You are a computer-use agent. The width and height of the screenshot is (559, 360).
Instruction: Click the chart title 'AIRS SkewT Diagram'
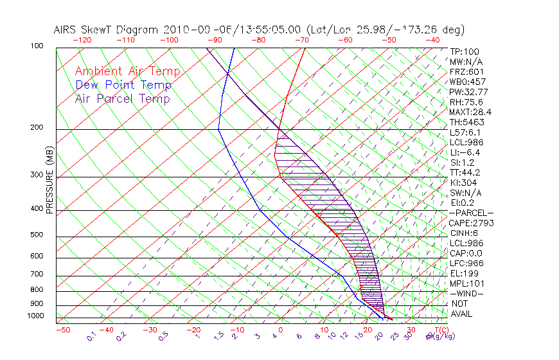(x=107, y=30)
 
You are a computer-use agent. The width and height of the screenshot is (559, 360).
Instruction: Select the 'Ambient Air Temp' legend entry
(x=128, y=71)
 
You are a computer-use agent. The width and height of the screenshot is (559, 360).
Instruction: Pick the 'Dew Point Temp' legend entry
(x=123, y=85)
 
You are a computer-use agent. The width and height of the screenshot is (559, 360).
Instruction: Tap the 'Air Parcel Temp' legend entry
(x=123, y=98)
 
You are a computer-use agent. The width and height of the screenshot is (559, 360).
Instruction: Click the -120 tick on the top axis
(x=83, y=40)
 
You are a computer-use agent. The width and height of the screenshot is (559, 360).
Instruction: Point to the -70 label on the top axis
(x=301, y=40)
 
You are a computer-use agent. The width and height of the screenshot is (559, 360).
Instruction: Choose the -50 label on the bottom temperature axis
(x=62, y=330)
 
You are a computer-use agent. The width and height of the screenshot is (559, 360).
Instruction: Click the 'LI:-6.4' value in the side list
(x=465, y=152)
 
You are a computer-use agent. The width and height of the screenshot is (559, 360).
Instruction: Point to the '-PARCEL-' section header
(x=471, y=213)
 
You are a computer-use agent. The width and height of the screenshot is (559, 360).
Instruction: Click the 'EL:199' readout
(x=462, y=273)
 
